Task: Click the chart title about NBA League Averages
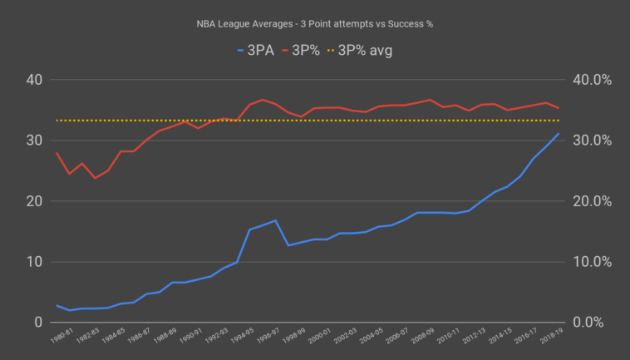315,23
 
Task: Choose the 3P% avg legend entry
364,51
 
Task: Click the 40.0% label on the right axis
593,80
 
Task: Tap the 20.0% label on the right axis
593,201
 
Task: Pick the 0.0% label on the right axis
596,323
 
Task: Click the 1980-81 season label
62,340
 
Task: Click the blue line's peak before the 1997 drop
275,220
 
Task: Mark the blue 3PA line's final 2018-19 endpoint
559,134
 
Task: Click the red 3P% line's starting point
57,153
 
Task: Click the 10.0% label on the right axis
593,262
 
